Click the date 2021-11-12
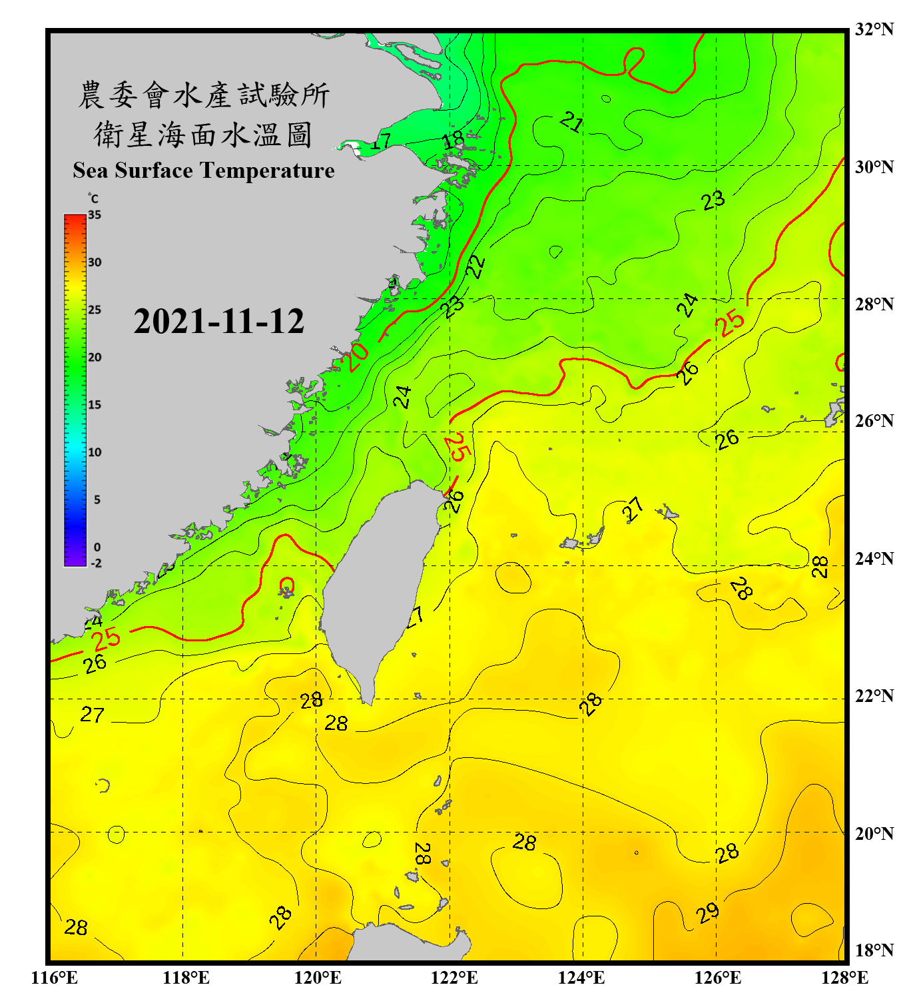point(218,322)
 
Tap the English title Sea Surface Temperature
point(203,170)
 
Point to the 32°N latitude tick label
point(874,29)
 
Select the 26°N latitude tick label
point(874,421)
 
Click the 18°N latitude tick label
point(874,950)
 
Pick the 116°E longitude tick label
point(55,978)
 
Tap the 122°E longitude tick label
point(454,978)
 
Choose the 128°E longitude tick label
point(844,978)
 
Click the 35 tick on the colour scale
point(95,215)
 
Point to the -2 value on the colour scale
point(96,563)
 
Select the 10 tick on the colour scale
point(95,452)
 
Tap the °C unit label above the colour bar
point(93,198)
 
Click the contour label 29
point(708,912)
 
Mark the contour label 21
point(571,122)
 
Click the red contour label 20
point(357,357)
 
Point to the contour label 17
point(380,141)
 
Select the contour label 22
point(475,266)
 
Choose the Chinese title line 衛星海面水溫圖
point(203,135)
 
